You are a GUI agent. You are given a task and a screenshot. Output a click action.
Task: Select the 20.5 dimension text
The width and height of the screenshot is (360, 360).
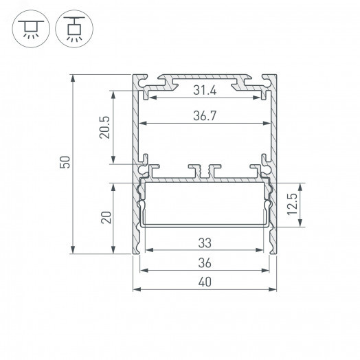click(104, 127)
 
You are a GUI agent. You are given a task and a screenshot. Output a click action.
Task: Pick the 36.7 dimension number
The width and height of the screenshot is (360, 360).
click(204, 117)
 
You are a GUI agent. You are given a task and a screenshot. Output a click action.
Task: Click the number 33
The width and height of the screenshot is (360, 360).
click(204, 243)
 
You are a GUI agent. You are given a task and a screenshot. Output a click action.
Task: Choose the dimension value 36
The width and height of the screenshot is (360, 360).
click(204, 263)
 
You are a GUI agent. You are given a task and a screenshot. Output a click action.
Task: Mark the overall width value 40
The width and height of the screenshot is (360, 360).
click(204, 282)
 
